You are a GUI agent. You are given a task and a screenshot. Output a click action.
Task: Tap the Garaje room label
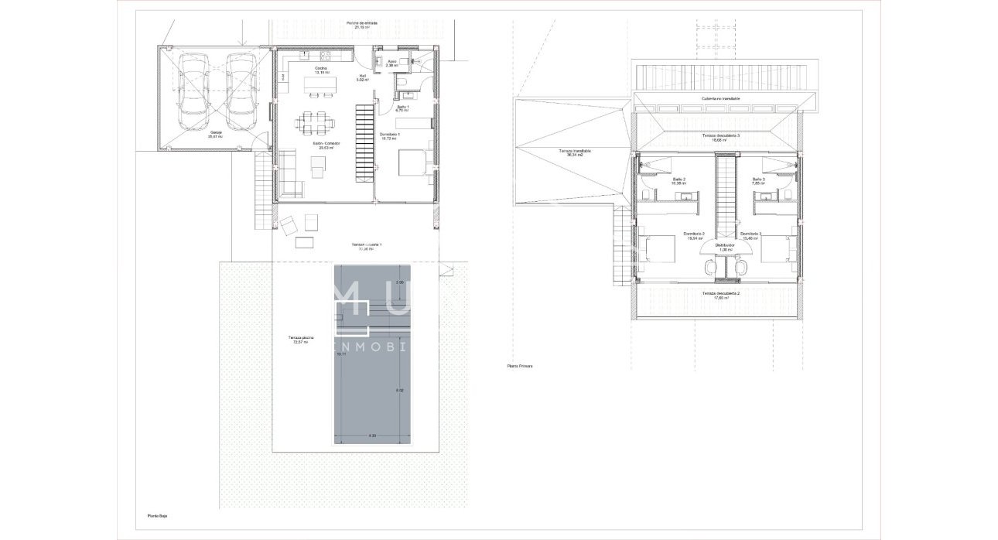(x=214, y=135)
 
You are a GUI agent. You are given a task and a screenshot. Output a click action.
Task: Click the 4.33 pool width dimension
(x=371, y=436)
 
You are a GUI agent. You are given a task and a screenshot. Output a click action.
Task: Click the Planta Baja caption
(x=158, y=514)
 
